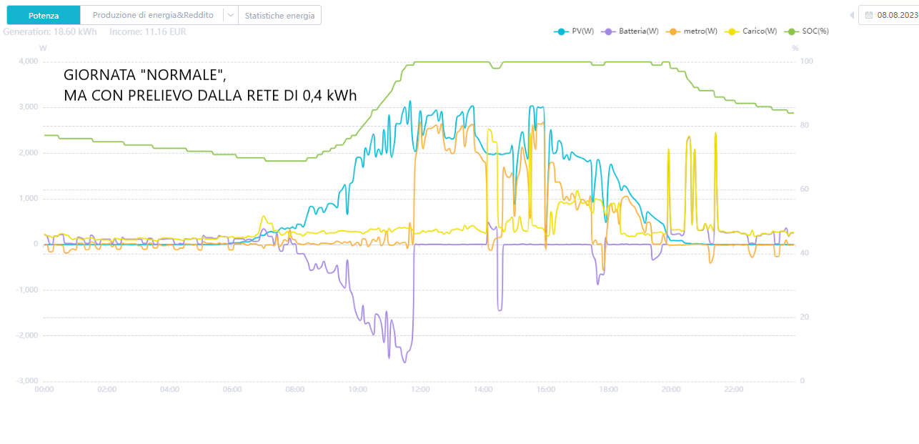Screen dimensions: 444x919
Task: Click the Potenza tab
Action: (x=43, y=15)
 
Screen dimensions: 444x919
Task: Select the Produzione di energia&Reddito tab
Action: (x=153, y=15)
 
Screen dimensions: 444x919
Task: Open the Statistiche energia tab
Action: (x=279, y=15)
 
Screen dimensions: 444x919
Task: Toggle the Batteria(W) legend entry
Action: (x=631, y=31)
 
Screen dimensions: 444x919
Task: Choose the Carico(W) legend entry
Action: (x=750, y=31)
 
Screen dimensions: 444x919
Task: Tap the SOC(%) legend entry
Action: (x=807, y=31)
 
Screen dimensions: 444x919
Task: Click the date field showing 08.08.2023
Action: (x=891, y=15)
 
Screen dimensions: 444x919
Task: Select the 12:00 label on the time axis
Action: (x=420, y=390)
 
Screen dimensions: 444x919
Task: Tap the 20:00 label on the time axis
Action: (x=671, y=390)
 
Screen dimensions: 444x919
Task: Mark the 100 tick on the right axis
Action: (x=806, y=61)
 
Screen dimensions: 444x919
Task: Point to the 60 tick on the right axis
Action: (x=805, y=189)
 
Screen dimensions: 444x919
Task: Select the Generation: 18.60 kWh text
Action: (x=50, y=32)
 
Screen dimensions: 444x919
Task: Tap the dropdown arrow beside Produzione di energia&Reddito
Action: (x=229, y=15)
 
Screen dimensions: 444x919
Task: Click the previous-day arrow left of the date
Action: (x=851, y=15)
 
